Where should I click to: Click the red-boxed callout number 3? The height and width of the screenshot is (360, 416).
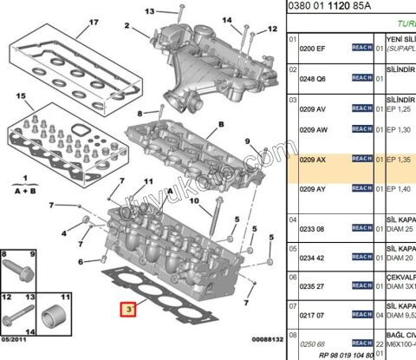(x=128, y=308)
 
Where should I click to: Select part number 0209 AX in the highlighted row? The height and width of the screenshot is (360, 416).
(x=313, y=160)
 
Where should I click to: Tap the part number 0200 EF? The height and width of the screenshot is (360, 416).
(x=313, y=50)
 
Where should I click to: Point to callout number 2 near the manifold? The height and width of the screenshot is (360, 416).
(x=126, y=26)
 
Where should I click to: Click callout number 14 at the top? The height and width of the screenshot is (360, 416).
(x=226, y=20)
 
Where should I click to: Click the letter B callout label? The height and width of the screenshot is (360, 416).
(x=221, y=124)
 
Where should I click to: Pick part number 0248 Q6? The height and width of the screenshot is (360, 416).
(x=313, y=78)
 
